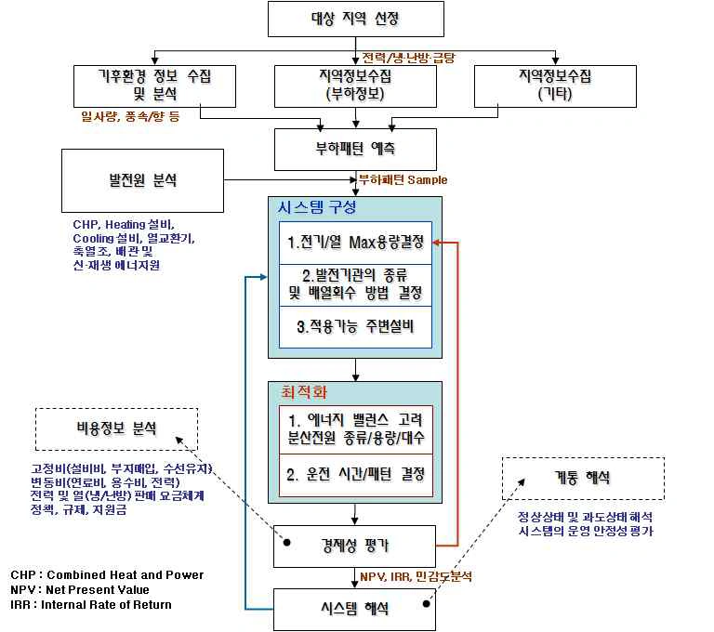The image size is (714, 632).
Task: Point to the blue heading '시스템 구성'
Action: [317, 207]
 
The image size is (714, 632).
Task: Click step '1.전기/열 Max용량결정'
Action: [355, 243]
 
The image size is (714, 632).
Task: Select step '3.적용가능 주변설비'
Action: [355, 326]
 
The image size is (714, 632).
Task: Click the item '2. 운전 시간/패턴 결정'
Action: [355, 474]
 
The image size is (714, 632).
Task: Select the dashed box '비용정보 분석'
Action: [117, 428]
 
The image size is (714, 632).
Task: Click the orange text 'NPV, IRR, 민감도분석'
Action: [416, 577]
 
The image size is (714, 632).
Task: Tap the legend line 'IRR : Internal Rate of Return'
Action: [91, 605]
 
